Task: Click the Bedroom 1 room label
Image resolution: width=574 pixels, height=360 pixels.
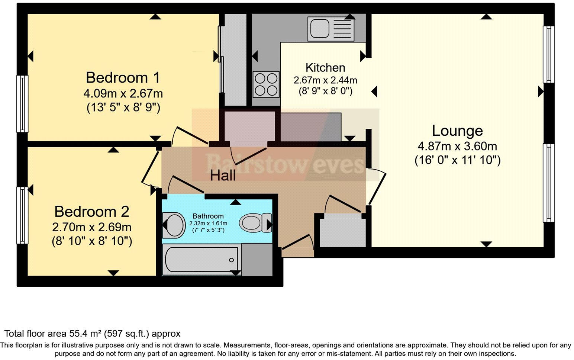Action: pyautogui.click(x=123, y=78)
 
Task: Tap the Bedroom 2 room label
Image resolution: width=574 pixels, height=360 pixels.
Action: pyautogui.click(x=92, y=212)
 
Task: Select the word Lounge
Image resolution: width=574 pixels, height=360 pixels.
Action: pyautogui.click(x=457, y=131)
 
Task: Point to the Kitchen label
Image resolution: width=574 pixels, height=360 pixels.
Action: pyautogui.click(x=325, y=68)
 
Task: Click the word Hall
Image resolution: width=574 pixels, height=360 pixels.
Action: pyautogui.click(x=223, y=176)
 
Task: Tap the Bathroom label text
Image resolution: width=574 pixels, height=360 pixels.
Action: pyautogui.click(x=208, y=216)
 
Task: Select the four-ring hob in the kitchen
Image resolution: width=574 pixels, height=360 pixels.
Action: pyautogui.click(x=266, y=84)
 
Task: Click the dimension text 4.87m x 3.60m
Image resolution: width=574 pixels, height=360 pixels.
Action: pyautogui.click(x=457, y=146)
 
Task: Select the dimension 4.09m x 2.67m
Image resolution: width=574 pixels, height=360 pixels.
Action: pyautogui.click(x=123, y=93)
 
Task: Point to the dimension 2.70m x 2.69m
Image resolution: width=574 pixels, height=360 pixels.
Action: pyautogui.click(x=92, y=226)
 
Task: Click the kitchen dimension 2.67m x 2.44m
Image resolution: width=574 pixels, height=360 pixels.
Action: pyautogui.click(x=325, y=80)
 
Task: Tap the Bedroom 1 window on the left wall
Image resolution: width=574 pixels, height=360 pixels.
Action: pyautogui.click(x=23, y=104)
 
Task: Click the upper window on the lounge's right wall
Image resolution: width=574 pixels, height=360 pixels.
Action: pyautogui.click(x=548, y=54)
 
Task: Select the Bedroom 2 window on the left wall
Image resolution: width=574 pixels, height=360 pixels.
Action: pyautogui.click(x=23, y=215)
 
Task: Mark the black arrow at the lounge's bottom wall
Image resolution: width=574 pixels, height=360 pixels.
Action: pyautogui.click(x=486, y=244)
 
